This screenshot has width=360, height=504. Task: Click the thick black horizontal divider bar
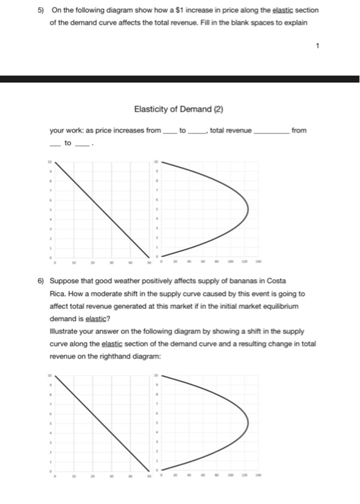tap(180, 78)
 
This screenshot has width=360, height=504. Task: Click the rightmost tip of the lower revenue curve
tap(248, 423)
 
